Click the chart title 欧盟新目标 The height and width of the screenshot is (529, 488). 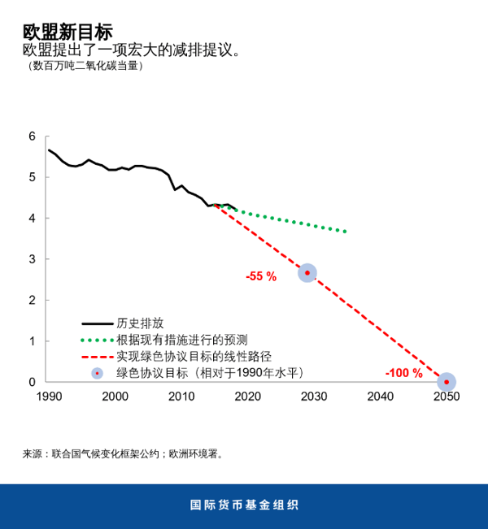coord(68,32)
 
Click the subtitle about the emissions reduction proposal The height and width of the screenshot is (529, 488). coord(133,50)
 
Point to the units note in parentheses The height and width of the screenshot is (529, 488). coord(85,67)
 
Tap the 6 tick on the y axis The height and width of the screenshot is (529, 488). coord(33,136)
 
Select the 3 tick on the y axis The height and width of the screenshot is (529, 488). coord(33,259)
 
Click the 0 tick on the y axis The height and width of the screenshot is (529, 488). coord(33,382)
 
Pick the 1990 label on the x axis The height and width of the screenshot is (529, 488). coord(49,397)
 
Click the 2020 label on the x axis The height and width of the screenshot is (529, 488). coord(247,397)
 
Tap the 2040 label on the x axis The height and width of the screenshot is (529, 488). coord(380,397)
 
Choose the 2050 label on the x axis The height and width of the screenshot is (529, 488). coord(446,397)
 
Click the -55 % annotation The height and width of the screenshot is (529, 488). coord(261,276)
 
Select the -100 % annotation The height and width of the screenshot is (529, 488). coord(403,374)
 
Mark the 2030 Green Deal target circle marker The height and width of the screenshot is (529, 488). coord(307,273)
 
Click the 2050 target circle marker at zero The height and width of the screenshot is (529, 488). coord(446,382)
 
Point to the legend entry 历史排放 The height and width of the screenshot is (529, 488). coord(140,323)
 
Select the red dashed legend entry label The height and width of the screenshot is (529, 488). coord(193,356)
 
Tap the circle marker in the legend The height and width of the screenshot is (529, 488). coord(97,373)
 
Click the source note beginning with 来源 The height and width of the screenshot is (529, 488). coord(123,453)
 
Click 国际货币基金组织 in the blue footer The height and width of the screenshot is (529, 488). coord(244,505)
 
